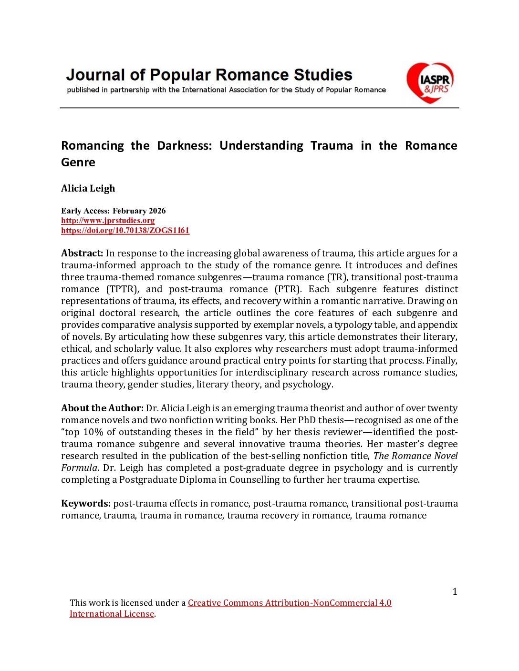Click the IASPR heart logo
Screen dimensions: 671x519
(429, 82)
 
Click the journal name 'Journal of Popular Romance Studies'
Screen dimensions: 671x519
(209, 75)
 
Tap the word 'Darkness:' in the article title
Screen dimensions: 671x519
(184, 145)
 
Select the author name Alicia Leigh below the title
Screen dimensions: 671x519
(88, 188)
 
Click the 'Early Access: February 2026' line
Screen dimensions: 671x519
(114, 211)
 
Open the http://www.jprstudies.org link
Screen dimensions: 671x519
(108, 220)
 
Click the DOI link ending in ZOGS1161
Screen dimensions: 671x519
(125, 231)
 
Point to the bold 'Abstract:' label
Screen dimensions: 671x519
(82, 253)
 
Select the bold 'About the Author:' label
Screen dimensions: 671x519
(102, 408)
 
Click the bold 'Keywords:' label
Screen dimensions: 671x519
(86, 503)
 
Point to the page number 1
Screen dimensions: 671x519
(455, 591)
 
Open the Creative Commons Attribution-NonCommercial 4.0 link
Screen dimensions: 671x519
(290, 603)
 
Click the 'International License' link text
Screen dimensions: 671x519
(112, 614)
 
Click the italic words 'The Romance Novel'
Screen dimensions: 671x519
(415, 456)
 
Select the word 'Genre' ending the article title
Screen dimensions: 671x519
(78, 162)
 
